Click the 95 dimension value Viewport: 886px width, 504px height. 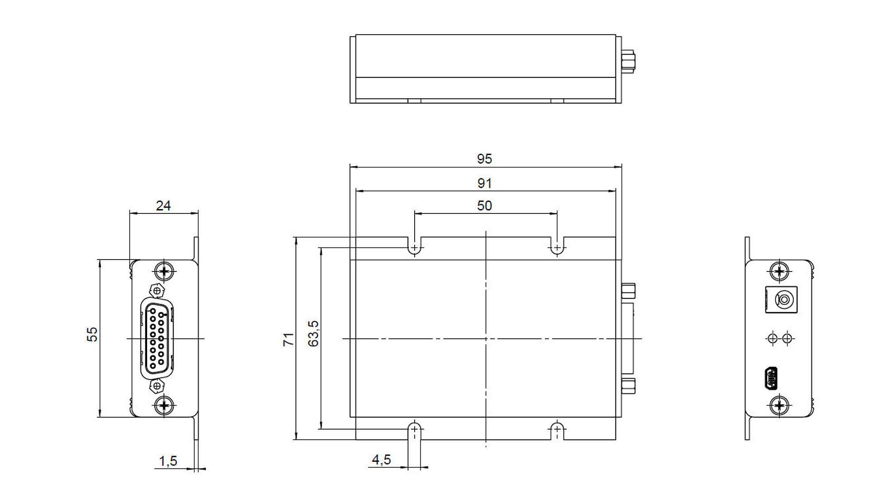pyautogui.click(x=484, y=159)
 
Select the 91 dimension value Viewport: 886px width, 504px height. pyautogui.click(x=484, y=183)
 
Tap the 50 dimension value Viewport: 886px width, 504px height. pyautogui.click(x=484, y=205)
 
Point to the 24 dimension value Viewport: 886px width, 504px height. pyautogui.click(x=163, y=205)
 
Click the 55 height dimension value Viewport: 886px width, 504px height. pyautogui.click(x=92, y=334)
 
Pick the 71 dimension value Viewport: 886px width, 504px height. pyautogui.click(x=288, y=340)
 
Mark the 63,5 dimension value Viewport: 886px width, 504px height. pyautogui.click(x=313, y=333)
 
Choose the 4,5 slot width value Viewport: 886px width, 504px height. pyautogui.click(x=381, y=460)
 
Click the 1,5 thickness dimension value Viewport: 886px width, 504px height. pyautogui.click(x=168, y=461)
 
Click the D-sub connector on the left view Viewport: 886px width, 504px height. pyautogui.click(x=157, y=339)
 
